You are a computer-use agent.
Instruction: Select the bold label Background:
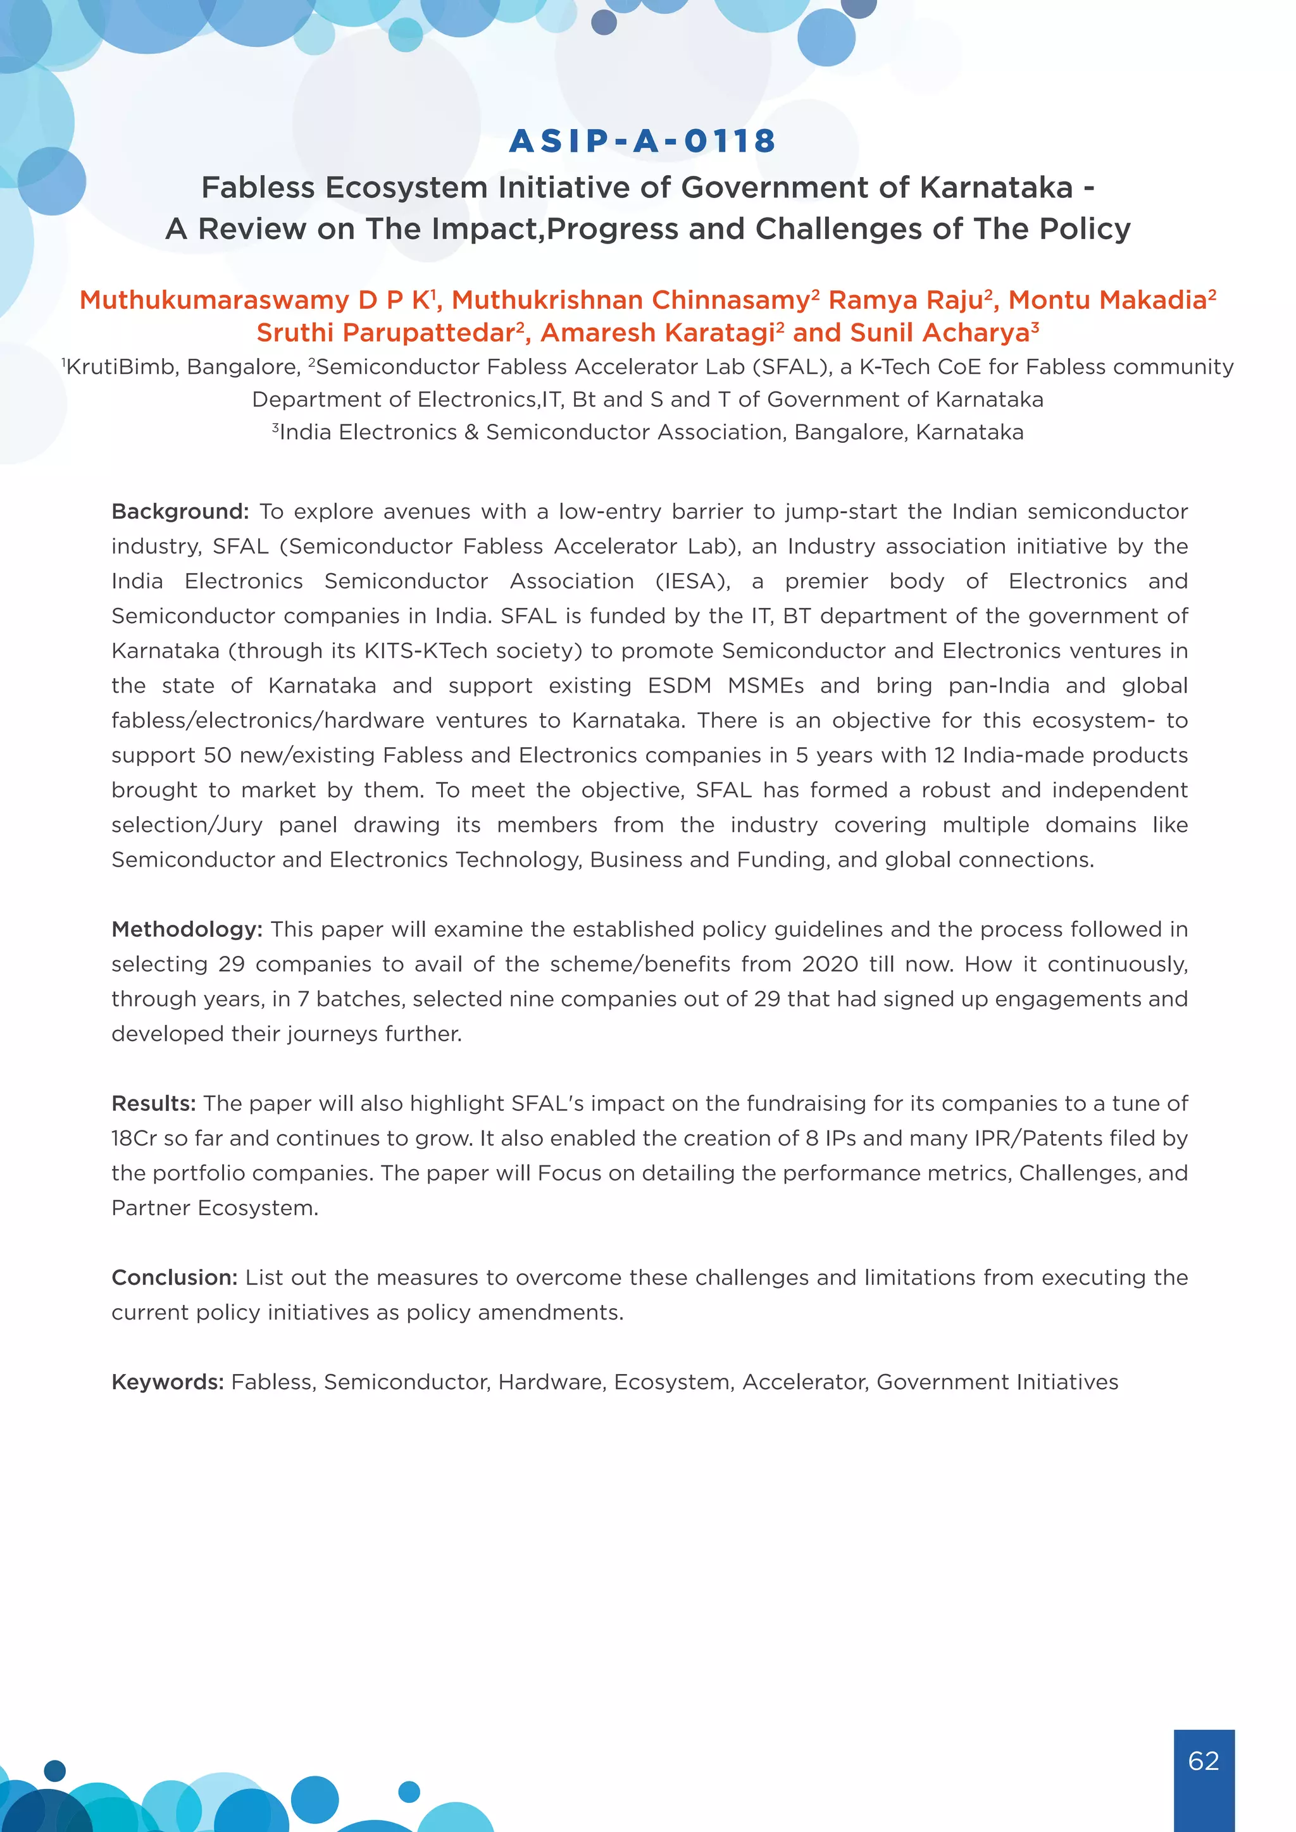pyautogui.click(x=180, y=512)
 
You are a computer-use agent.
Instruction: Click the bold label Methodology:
pyautogui.click(x=187, y=929)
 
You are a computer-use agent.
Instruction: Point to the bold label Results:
pyautogui.click(x=153, y=1103)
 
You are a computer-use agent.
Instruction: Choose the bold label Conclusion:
pyautogui.click(x=174, y=1277)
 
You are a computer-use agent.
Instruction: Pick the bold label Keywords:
pyautogui.click(x=168, y=1382)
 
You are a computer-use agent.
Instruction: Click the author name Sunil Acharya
pyautogui.click(x=939, y=333)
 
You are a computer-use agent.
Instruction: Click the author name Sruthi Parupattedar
pyautogui.click(x=385, y=333)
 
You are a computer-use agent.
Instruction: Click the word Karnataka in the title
pyautogui.click(x=996, y=187)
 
